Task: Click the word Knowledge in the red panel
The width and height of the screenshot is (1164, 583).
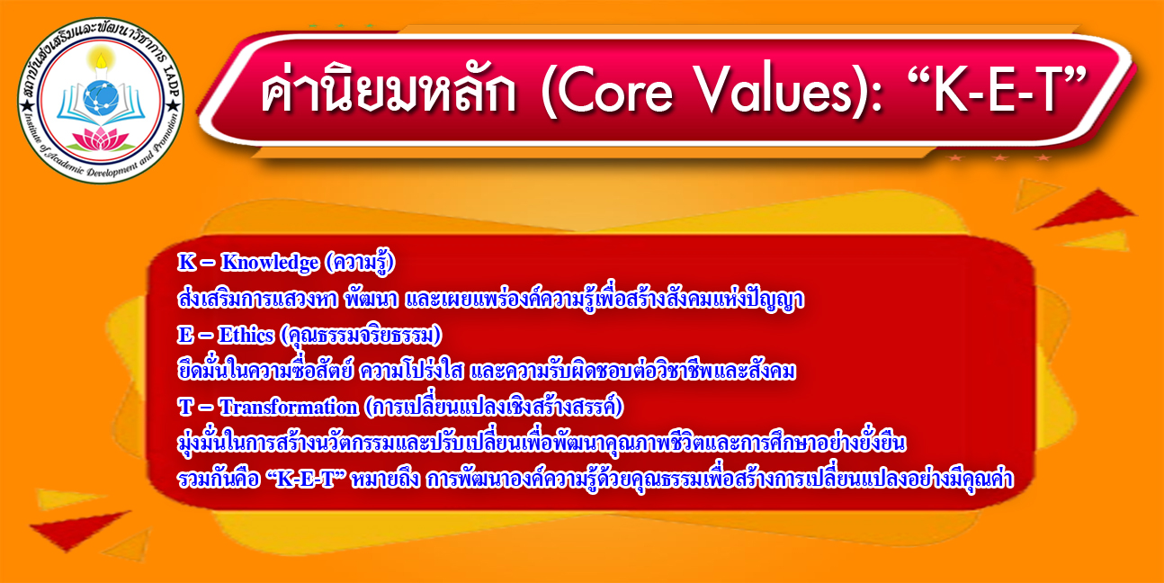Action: coord(270,263)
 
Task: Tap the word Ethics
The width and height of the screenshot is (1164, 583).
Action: coord(246,336)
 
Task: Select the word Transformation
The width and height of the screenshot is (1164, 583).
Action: coord(289,407)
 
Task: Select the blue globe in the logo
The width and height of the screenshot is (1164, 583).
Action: coord(101,97)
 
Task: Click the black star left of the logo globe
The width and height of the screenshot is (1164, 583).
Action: coord(27,106)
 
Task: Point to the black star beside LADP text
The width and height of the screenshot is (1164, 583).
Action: coord(173,106)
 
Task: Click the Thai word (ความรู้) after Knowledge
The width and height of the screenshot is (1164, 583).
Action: coord(361,263)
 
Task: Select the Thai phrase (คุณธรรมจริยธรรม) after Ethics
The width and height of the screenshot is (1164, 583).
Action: coord(361,336)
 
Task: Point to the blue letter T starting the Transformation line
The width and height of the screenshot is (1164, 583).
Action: coord(185,408)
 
